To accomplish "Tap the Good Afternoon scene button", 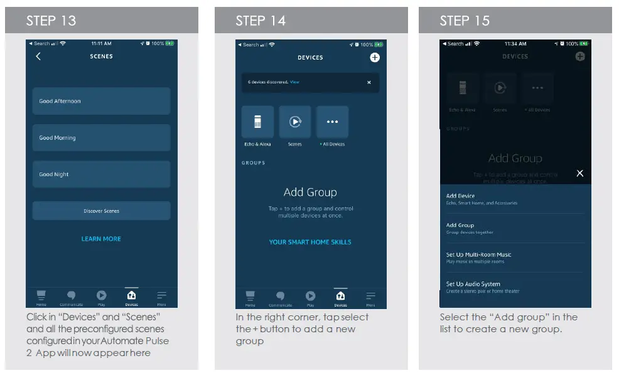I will [x=101, y=101].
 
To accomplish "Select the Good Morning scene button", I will [x=101, y=138].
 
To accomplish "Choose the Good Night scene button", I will [x=101, y=174].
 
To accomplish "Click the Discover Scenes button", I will [x=101, y=211].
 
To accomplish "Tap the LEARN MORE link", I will [x=101, y=239].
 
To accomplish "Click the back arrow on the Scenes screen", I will [x=38, y=56].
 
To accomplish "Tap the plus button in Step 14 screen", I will [x=375, y=58].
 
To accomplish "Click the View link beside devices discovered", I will [x=294, y=82].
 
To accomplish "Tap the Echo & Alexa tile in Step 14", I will [x=257, y=122].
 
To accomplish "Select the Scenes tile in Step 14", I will [x=294, y=122].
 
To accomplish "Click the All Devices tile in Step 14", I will [x=332, y=122].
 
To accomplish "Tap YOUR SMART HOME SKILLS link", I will [x=310, y=242].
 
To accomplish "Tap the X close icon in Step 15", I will [x=580, y=173].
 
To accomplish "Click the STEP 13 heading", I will [x=51, y=21].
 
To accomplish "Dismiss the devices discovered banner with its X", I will [x=369, y=82].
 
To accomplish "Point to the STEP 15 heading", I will [x=465, y=21].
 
